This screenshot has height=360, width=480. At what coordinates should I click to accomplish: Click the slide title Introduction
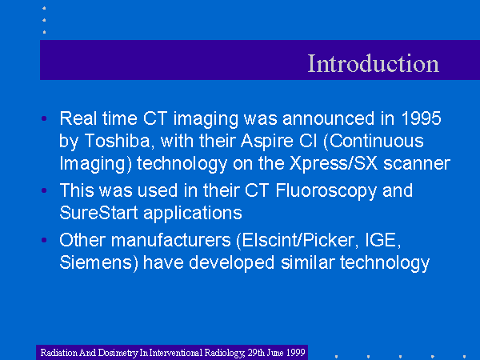pyautogui.click(x=373, y=63)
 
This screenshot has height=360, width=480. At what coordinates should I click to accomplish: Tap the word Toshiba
pyautogui.click(x=118, y=141)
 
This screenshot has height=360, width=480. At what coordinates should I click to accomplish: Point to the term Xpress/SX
pyautogui.click(x=334, y=163)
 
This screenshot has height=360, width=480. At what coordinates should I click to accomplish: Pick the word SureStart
pyautogui.click(x=98, y=213)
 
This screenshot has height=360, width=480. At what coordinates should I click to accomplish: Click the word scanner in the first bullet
pyautogui.click(x=417, y=164)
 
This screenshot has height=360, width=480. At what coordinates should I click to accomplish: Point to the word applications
pyautogui.click(x=193, y=214)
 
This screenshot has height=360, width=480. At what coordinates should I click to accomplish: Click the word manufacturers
pyautogui.click(x=171, y=240)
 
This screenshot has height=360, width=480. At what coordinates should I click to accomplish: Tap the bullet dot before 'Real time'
pyautogui.click(x=44, y=118)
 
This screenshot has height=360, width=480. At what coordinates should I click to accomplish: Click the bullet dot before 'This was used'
pyautogui.click(x=44, y=190)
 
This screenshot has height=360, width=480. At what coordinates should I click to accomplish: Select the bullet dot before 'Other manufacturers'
pyautogui.click(x=44, y=240)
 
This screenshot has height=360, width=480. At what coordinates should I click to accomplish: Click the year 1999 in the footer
pyautogui.click(x=296, y=352)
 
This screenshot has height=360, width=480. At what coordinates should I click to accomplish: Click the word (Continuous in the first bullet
pyautogui.click(x=374, y=142)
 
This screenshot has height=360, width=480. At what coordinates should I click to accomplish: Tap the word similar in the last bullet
pyautogui.click(x=308, y=262)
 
